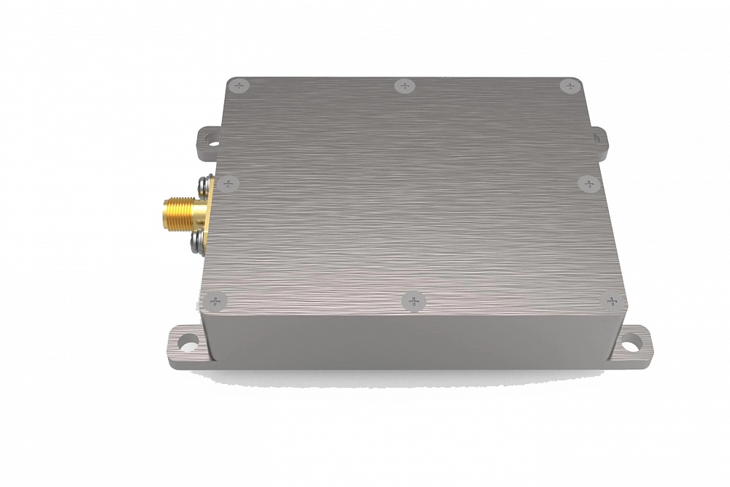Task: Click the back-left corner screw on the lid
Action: click(239, 86)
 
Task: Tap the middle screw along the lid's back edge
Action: click(405, 86)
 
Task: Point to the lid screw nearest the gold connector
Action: click(228, 183)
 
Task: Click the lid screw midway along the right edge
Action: click(588, 183)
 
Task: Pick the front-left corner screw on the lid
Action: click(214, 300)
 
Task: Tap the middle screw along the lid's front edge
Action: click(413, 301)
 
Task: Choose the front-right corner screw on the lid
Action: click(612, 301)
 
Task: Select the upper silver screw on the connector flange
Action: click(203, 183)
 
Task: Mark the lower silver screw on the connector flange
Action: click(199, 242)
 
